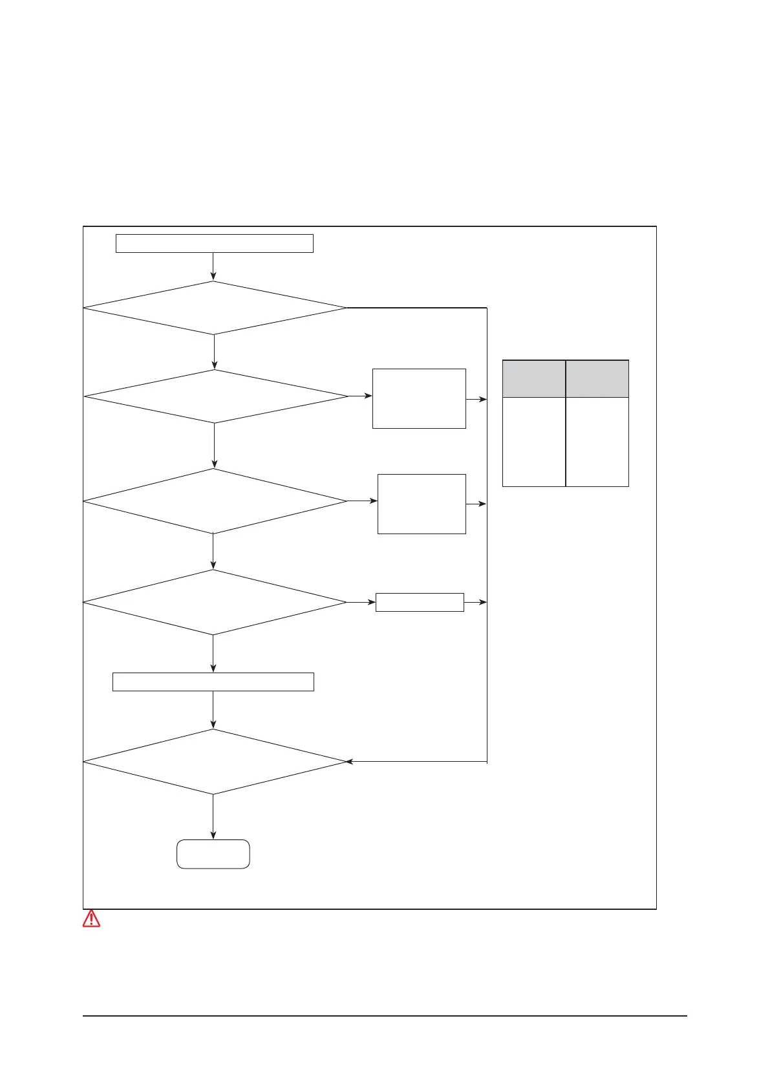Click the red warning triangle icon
[91, 919]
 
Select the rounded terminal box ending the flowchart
[213, 854]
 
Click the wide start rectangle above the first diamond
[214, 243]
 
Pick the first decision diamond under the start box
[215, 308]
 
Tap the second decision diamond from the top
[216, 396]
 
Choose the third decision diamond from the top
[215, 501]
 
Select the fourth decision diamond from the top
[215, 602]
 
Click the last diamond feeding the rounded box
[215, 762]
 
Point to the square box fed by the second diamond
[419, 398]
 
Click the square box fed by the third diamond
[422, 504]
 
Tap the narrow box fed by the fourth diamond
[420, 602]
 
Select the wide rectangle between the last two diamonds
[213, 682]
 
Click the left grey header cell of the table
[534, 379]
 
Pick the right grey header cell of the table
[597, 379]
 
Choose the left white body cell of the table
[534, 442]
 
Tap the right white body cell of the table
[597, 442]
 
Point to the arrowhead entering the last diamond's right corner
[350, 762]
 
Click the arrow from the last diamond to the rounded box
[213, 817]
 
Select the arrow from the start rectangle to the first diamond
[213, 266]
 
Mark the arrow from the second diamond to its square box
[360, 396]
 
